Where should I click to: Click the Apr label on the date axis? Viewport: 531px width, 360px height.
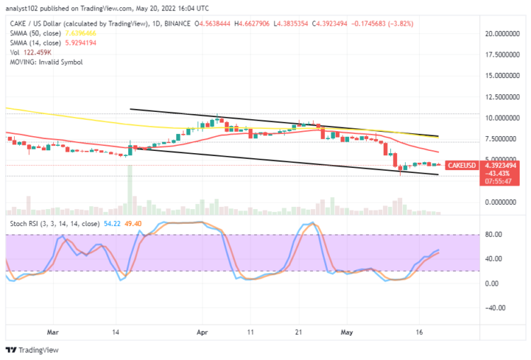tap(202, 331)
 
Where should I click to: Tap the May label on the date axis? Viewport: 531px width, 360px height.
tap(347, 331)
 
